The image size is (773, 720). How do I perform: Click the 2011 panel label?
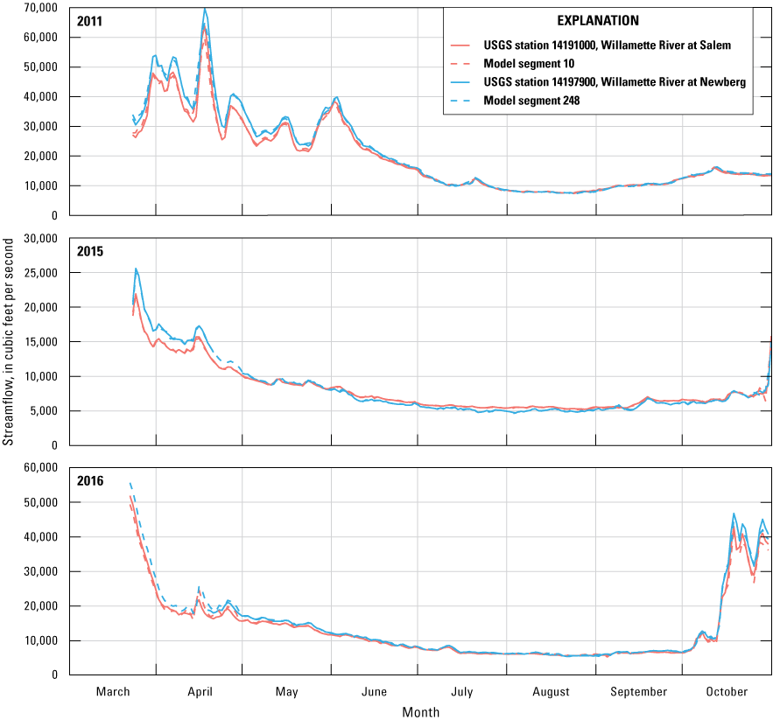(90, 21)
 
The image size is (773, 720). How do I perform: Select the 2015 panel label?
(90, 251)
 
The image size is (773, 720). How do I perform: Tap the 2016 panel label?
(90, 480)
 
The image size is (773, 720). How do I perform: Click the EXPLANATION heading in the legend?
(598, 20)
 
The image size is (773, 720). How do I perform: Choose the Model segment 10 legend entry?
(533, 64)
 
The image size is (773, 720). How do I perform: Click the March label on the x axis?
(113, 692)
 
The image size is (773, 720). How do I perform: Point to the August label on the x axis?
(551, 692)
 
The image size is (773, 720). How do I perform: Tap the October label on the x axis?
(727, 692)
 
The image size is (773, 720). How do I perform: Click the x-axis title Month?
(421, 712)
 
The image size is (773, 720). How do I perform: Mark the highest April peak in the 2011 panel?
(205, 10)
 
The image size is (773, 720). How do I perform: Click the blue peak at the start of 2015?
(136, 269)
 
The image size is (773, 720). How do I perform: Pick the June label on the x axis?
(374, 692)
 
